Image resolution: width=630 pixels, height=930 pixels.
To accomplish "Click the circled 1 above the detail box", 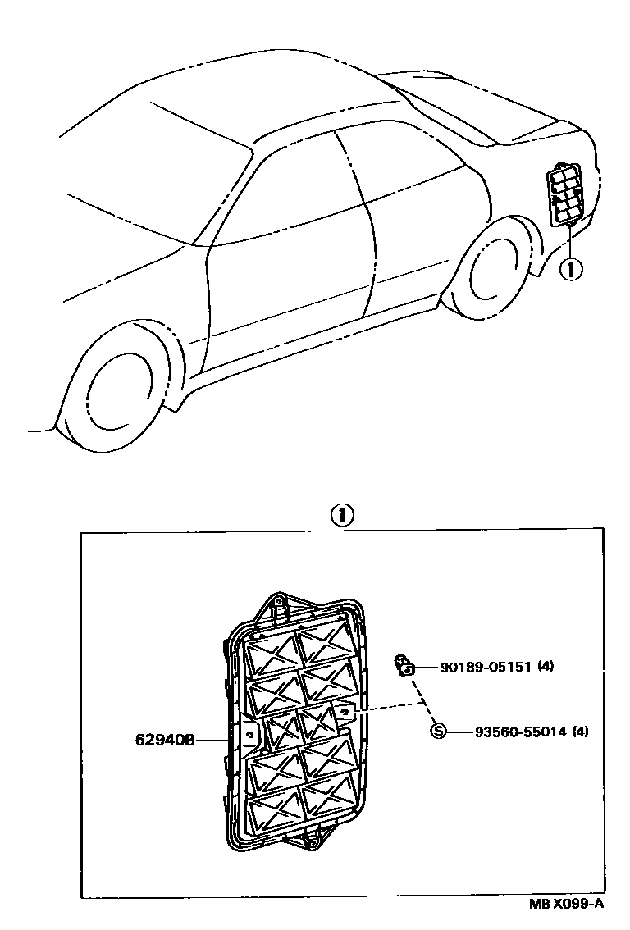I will pos(341,515).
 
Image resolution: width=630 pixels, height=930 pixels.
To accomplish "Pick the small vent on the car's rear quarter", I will pos(566,194).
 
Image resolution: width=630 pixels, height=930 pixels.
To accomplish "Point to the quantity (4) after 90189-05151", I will pos(546,667).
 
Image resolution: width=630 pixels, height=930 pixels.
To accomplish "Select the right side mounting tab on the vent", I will pos(345,713).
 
